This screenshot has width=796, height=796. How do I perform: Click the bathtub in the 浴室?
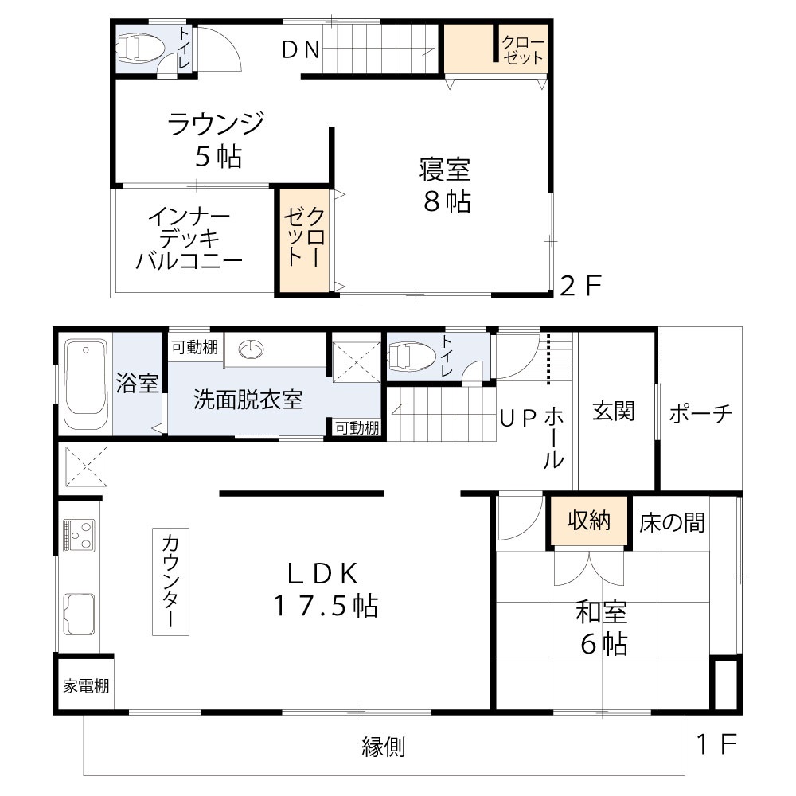pos(85,386)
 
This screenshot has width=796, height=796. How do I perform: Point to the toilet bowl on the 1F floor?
pos(413,356)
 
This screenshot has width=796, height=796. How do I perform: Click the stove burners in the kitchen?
pos(79,535)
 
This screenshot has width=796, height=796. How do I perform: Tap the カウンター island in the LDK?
pos(172,581)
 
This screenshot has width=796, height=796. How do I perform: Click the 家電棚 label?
pos(87,686)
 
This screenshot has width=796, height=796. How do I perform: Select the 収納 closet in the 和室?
pos(589,521)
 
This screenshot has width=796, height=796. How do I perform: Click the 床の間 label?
pos(672,522)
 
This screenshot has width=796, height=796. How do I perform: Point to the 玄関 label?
pos(613,412)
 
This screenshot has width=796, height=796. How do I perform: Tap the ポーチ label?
pos(700,413)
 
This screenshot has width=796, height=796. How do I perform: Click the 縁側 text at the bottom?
pos(384,747)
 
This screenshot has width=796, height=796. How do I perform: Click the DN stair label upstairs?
pos(301,50)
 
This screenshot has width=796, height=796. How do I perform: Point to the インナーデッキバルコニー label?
pos(189,239)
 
